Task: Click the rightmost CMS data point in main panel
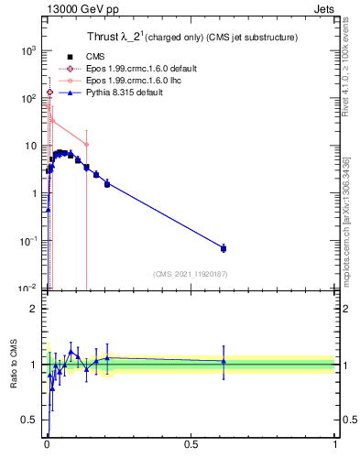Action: point(224,248)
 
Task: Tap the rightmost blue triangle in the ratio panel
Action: point(224,361)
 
